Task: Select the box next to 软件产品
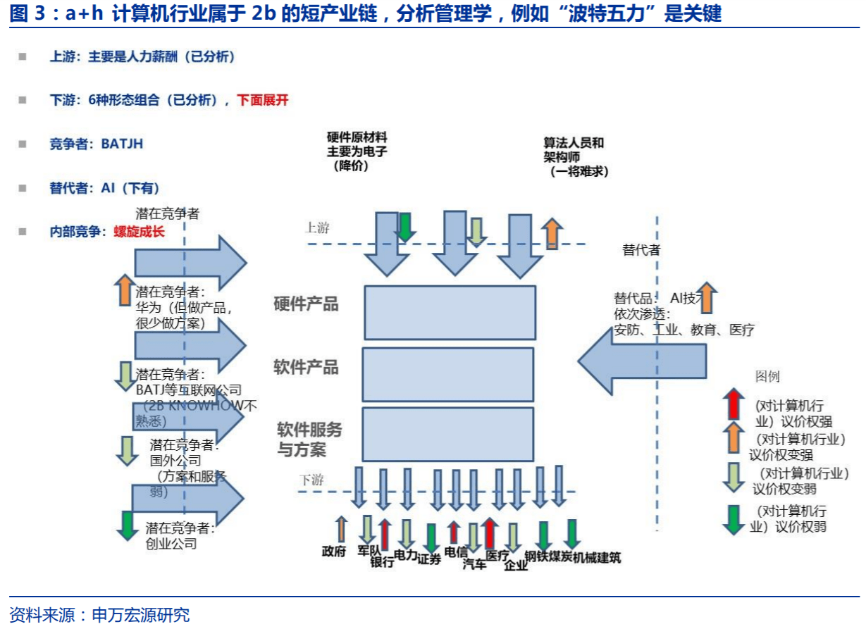tap(448, 374)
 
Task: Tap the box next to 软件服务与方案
tap(448, 434)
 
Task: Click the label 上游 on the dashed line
tap(317, 228)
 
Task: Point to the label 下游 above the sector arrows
tap(311, 480)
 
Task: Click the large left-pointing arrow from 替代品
tap(641, 360)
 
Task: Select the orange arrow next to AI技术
tap(707, 297)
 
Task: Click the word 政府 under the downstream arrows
tap(333, 552)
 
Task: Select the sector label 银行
tap(382, 563)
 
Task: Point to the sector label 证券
tap(429, 559)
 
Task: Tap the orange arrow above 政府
tap(342, 529)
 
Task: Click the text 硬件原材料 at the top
tap(357, 137)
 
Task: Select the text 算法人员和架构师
tap(574, 150)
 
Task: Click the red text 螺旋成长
tap(139, 231)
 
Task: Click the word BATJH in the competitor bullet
tap(122, 144)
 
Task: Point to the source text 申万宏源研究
tap(141, 615)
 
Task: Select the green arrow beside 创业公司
tap(128, 525)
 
